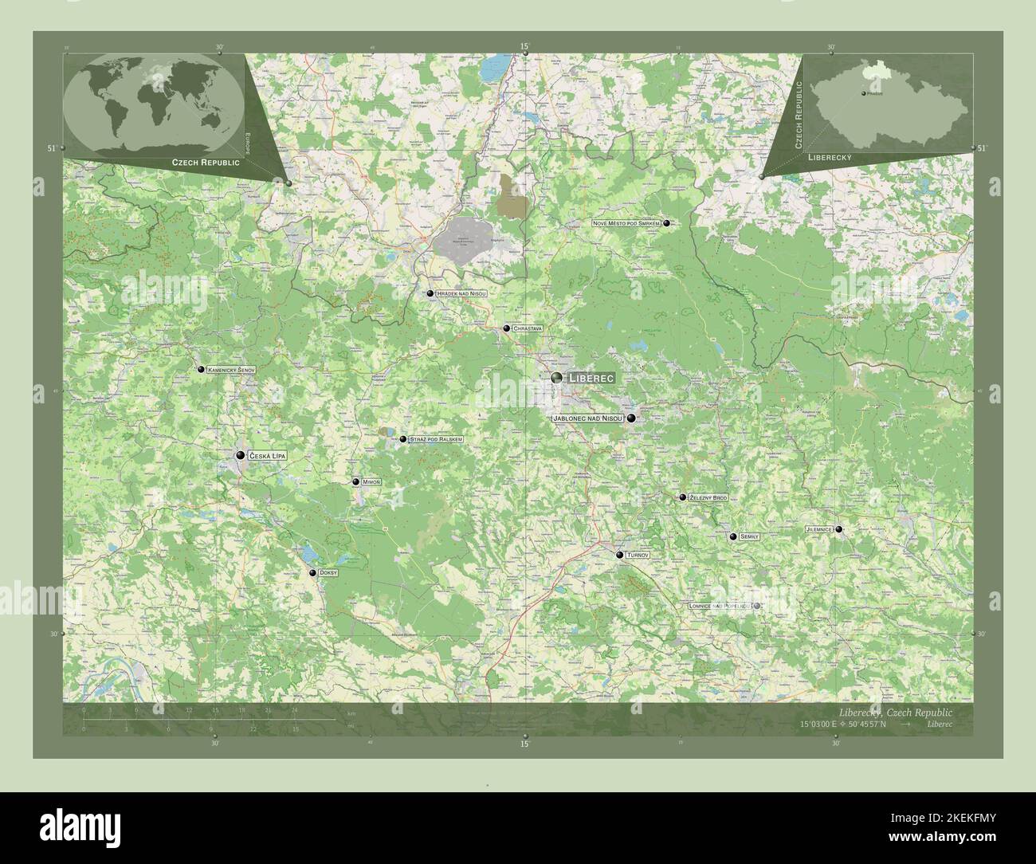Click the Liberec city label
click(590, 378)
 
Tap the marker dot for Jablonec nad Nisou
click(631, 418)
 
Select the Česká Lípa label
click(267, 456)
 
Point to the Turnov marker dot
click(619, 555)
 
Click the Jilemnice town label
click(819, 529)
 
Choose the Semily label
click(749, 537)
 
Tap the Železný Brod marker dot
click(682, 497)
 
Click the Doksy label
click(328, 573)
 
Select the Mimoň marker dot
click(355, 482)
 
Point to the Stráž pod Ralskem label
click(435, 439)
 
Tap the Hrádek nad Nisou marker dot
click(430, 294)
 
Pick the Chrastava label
click(528, 328)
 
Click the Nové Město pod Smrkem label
click(626, 224)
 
